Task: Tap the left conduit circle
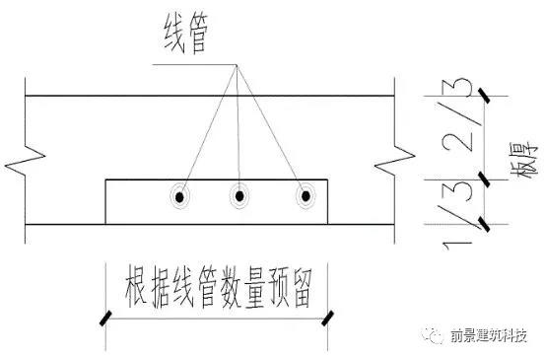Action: (x=180, y=196)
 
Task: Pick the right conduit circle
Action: (x=306, y=196)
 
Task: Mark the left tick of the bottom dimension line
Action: (x=103, y=318)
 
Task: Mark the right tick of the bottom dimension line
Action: (x=329, y=318)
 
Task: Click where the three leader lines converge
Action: (x=236, y=66)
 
